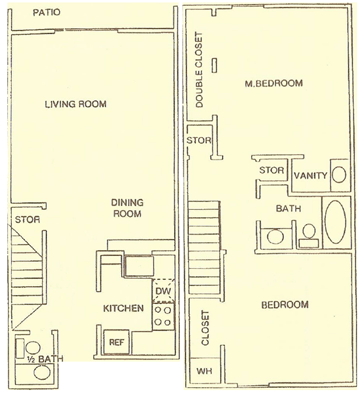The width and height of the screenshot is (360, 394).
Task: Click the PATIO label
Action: click(46, 12)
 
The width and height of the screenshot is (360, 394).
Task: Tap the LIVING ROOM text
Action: click(76, 104)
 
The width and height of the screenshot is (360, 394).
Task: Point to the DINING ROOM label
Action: click(128, 208)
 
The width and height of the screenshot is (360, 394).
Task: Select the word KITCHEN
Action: click(123, 308)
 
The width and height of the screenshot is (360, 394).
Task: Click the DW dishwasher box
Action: click(164, 291)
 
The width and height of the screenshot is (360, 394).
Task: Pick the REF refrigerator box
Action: click(117, 342)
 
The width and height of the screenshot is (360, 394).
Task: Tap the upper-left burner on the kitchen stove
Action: click(158, 310)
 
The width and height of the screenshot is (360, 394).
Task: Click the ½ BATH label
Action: click(45, 359)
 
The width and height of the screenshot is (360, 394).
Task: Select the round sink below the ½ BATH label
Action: click(42, 372)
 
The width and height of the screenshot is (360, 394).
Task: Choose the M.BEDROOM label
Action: click(274, 83)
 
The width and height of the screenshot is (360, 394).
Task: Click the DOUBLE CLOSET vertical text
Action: click(199, 70)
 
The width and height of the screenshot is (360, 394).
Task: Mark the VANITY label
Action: click(311, 175)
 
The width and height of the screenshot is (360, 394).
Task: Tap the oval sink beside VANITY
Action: click(339, 174)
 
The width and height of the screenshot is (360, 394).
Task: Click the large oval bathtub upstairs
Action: click(335, 222)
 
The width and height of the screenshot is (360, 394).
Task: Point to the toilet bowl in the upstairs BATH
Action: click(309, 231)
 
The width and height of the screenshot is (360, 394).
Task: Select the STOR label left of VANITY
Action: click(271, 170)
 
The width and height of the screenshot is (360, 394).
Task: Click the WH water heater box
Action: click(204, 371)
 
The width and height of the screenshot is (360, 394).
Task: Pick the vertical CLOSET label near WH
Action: click(205, 328)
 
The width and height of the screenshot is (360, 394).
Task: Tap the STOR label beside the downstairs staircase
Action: click(28, 220)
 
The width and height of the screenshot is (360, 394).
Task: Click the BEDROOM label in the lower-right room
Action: click(285, 305)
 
